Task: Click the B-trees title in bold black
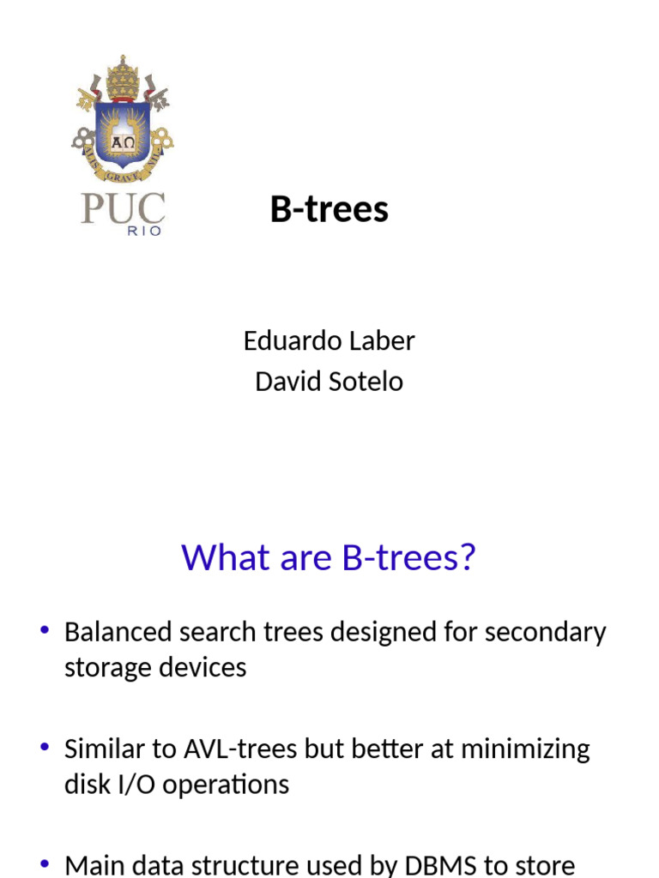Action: pos(329,209)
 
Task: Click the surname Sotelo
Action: pos(366,381)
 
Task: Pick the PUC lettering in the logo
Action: pos(123,208)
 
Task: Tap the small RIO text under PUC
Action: pos(144,232)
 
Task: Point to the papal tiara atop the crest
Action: pos(123,75)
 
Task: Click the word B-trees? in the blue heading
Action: pos(408,558)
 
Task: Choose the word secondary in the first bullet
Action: pos(546,633)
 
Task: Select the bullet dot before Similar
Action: pos(45,748)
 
